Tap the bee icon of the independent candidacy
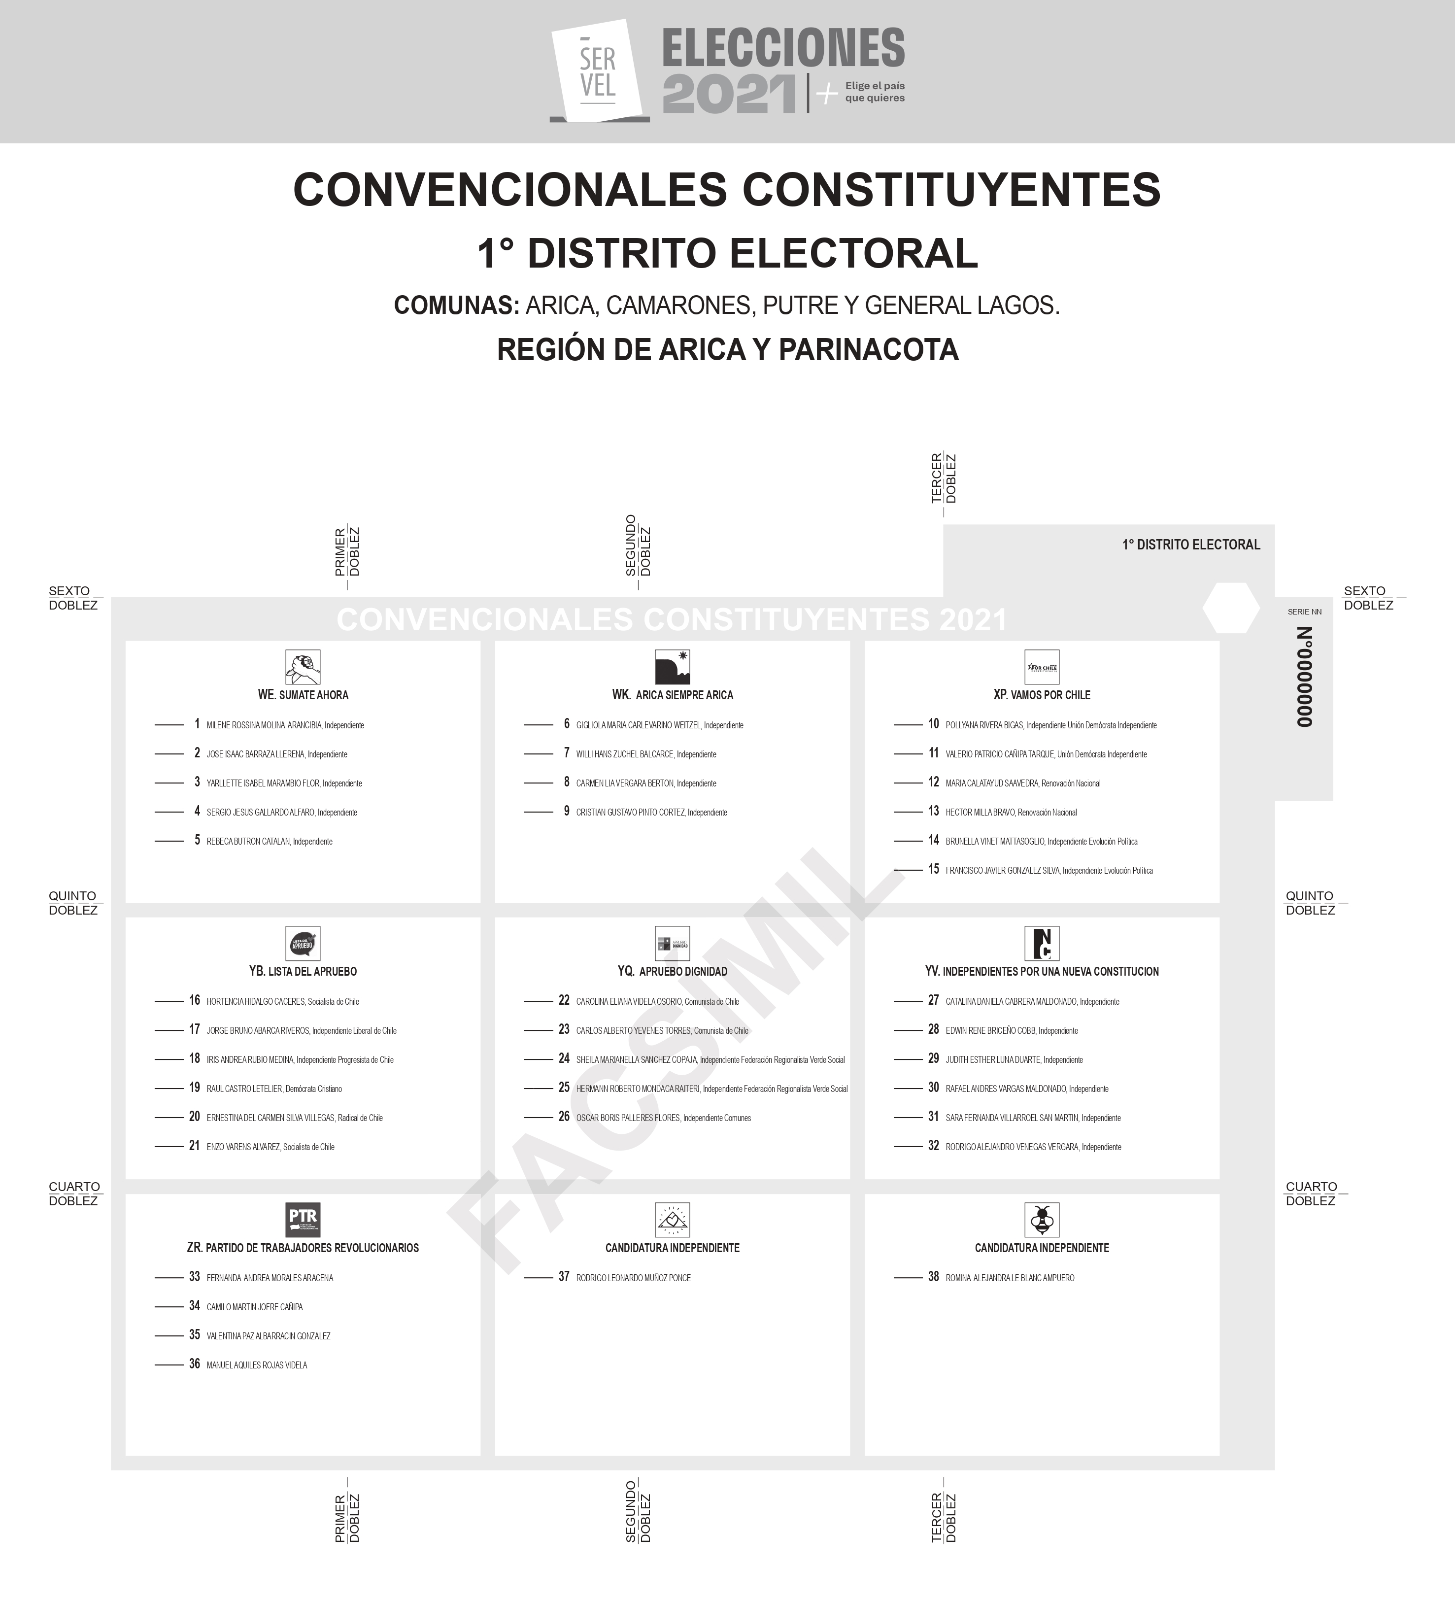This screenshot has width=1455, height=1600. pos(1042,1220)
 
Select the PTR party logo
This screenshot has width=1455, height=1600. pos(303,1220)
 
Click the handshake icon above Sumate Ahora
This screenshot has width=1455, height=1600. pos(303,667)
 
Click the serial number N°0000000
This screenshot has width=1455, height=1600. pos(1304,676)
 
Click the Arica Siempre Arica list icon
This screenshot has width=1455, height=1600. pos(672,667)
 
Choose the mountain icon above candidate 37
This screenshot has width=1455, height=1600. pos(672,1220)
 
